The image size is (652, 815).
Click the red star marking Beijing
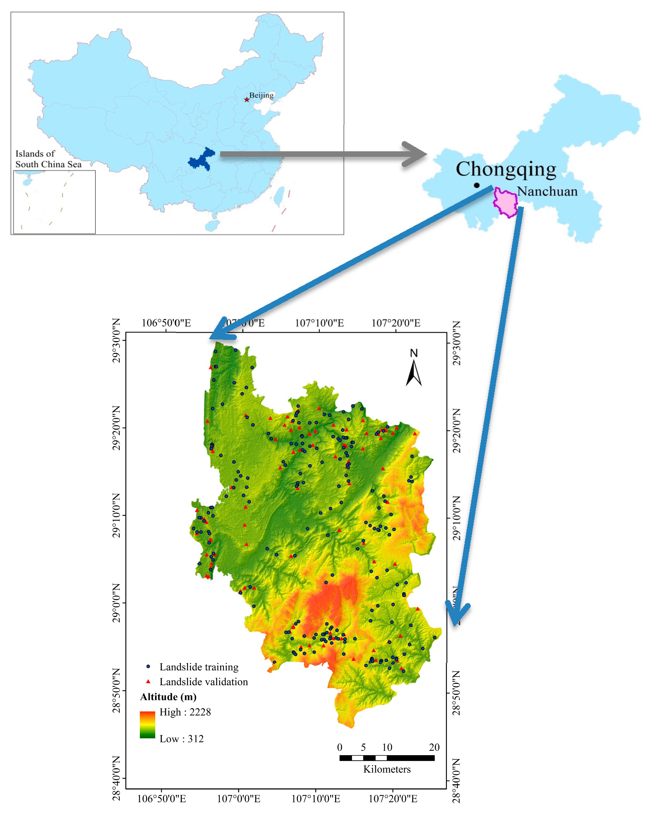coord(246,99)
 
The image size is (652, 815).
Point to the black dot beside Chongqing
coord(477,185)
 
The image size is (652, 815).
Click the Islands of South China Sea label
coord(48,159)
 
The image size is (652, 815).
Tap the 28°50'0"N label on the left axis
coord(116,691)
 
